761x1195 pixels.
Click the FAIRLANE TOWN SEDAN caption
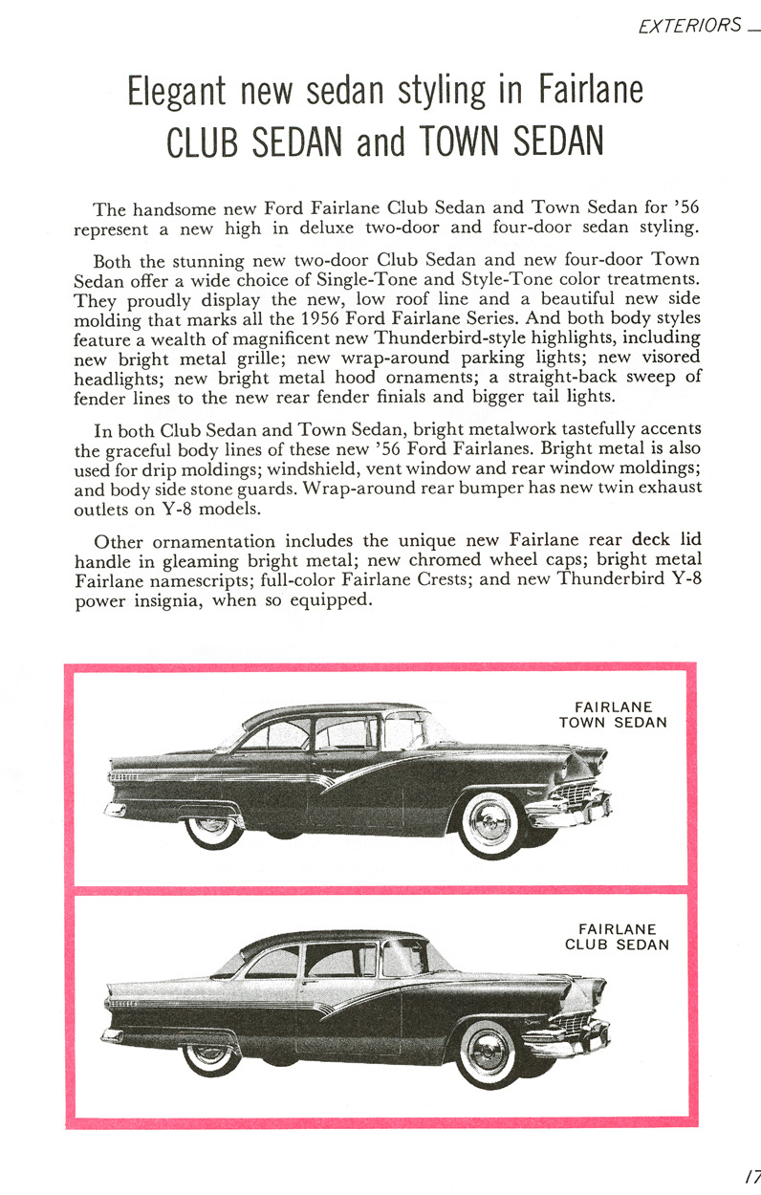[613, 715]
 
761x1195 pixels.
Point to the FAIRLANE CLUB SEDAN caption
[616, 937]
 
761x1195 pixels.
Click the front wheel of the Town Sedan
[490, 823]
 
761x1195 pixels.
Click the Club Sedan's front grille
[572, 1024]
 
